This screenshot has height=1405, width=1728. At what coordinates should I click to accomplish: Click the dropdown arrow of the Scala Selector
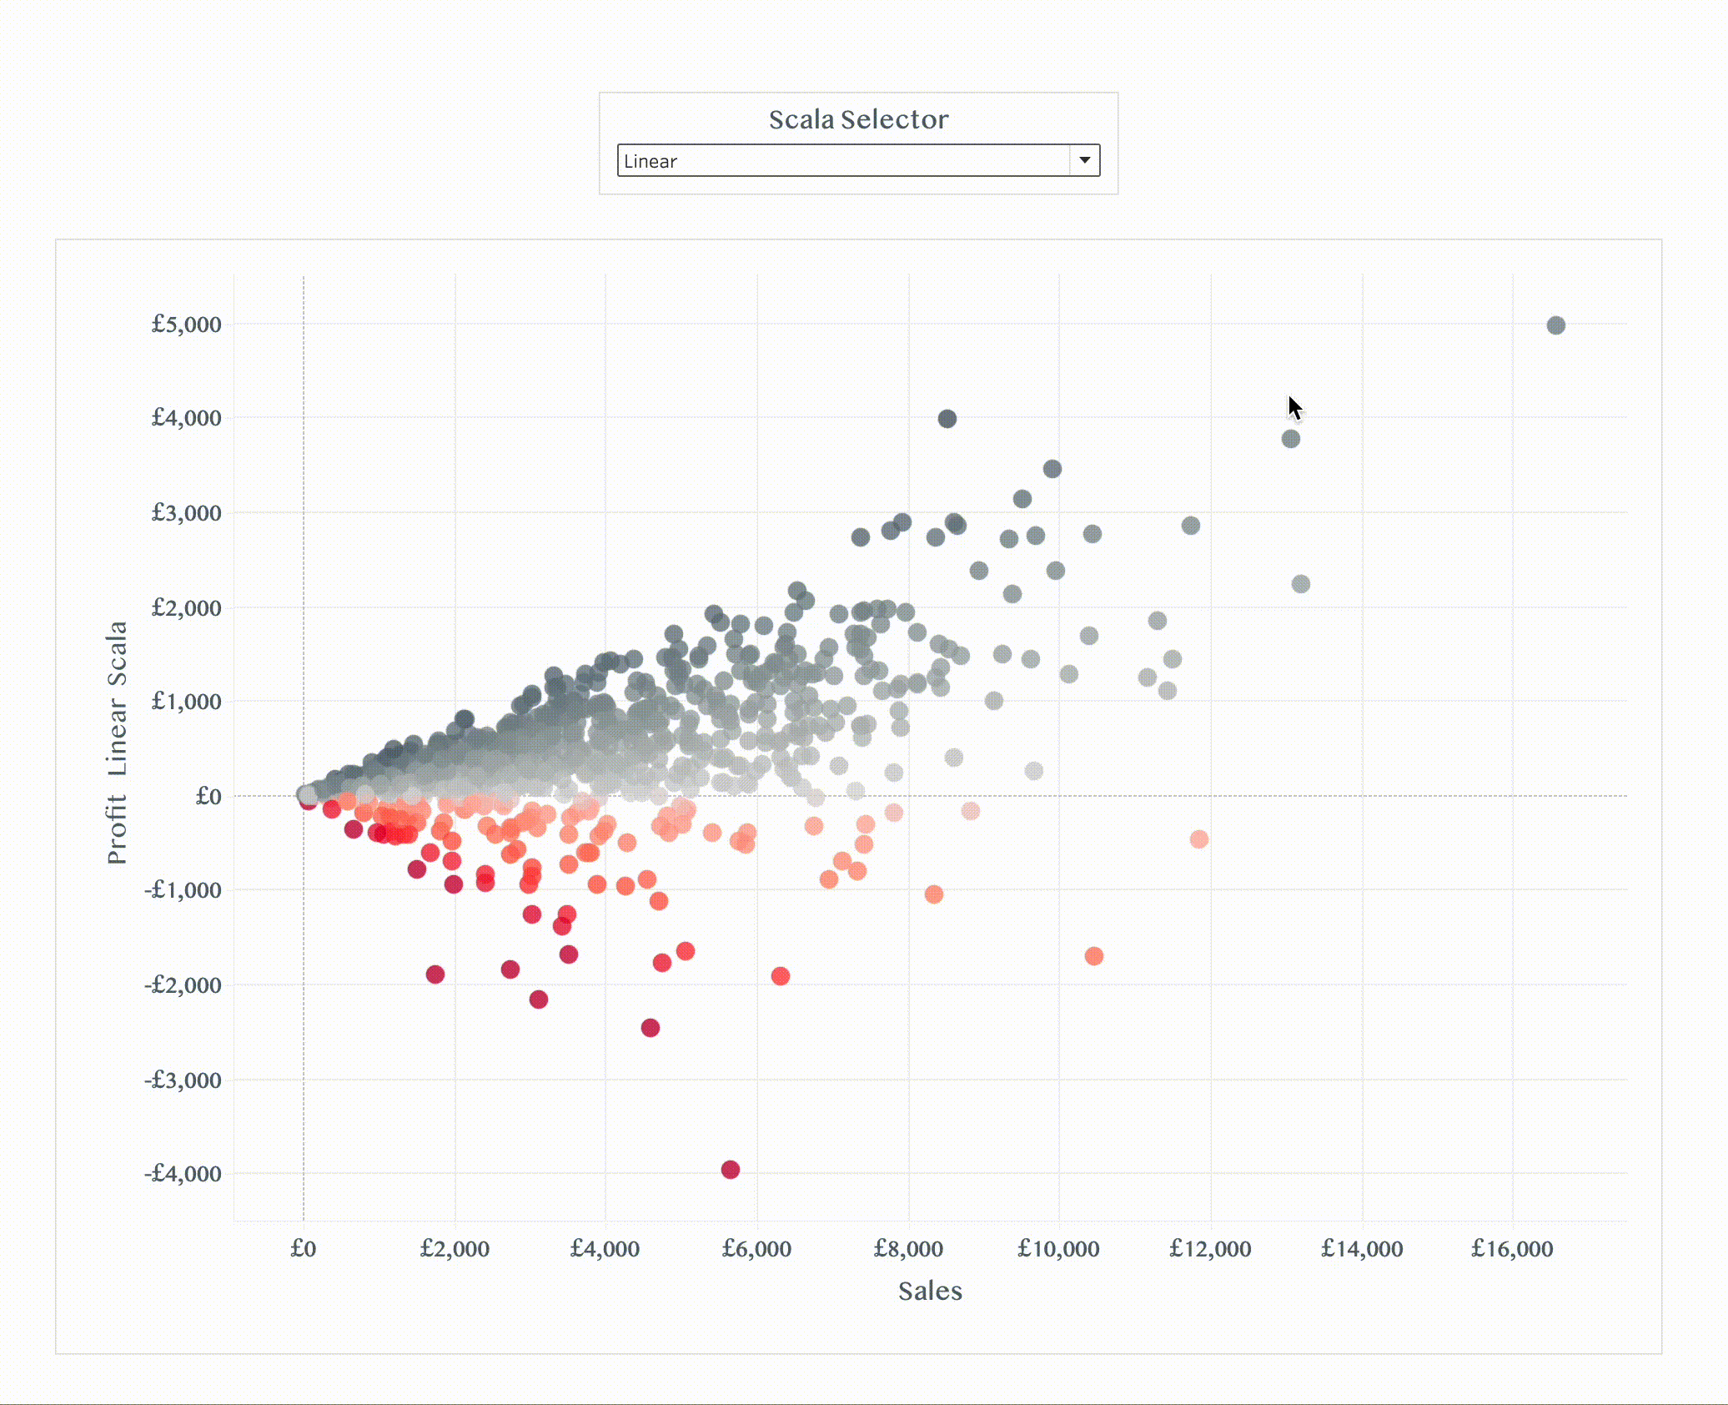click(x=1084, y=160)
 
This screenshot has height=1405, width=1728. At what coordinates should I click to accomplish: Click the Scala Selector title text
click(x=858, y=120)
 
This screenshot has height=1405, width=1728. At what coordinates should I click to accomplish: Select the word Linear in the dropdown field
click(x=651, y=162)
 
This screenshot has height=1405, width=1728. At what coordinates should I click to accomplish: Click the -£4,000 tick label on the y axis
click(x=183, y=1174)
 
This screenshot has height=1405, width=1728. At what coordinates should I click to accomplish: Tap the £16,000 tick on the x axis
click(x=1512, y=1249)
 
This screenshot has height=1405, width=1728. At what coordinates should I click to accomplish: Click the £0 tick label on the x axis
click(x=304, y=1249)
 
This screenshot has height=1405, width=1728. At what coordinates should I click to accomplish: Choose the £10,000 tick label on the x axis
click(x=1058, y=1249)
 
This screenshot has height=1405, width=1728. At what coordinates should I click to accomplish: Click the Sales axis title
click(x=930, y=1292)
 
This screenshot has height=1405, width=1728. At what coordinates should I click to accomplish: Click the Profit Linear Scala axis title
click(x=118, y=742)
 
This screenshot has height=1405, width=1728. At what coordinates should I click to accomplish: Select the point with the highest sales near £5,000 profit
click(x=1555, y=325)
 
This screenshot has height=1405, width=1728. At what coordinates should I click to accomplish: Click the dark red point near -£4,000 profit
click(x=731, y=1170)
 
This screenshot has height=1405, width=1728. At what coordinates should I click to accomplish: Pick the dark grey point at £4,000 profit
click(x=947, y=419)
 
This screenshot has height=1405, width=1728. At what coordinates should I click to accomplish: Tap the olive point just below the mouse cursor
click(x=1290, y=439)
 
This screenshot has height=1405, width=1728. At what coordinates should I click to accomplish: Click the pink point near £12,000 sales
click(x=1198, y=839)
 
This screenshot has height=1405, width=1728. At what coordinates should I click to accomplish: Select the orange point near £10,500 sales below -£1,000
click(x=1093, y=956)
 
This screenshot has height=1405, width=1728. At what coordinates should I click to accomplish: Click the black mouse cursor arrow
click(x=1293, y=408)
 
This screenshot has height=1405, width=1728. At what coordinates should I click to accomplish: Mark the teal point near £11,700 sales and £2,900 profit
click(x=1190, y=526)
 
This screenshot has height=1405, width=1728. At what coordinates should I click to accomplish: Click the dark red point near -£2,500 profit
click(x=651, y=1028)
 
